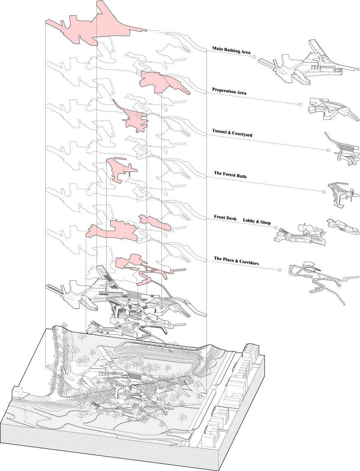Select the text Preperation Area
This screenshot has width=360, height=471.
(229, 91)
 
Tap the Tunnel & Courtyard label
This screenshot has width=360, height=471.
(232, 133)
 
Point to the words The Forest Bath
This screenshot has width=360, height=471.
(230, 175)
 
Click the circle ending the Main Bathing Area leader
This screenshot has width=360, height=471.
(254, 56)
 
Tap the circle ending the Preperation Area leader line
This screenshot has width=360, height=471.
(300, 105)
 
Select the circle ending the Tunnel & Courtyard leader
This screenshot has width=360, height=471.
(328, 150)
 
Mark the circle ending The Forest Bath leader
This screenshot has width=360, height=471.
(324, 192)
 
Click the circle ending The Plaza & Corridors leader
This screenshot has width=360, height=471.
(280, 270)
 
